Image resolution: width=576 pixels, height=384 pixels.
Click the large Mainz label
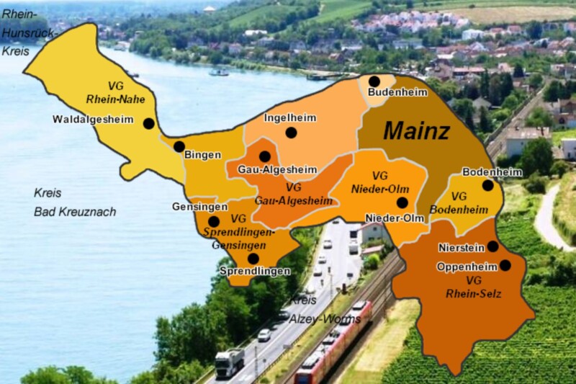[x=416, y=131]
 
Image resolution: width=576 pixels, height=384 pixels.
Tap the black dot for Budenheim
[x=374, y=81]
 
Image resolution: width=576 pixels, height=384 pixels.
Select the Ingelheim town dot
[x=291, y=133]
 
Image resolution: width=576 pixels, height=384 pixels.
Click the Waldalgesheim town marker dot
[x=149, y=123]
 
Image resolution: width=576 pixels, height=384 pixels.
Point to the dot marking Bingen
[x=179, y=146]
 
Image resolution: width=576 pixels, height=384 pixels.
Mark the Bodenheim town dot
[x=488, y=185]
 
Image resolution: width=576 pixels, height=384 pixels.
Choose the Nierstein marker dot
[x=492, y=246]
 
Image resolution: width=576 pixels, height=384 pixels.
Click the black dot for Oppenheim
[x=505, y=265]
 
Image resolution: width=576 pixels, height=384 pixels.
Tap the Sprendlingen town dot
[x=253, y=259]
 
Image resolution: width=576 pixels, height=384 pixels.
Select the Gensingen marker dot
[x=214, y=222]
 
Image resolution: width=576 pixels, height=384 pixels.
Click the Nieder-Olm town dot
[x=402, y=202]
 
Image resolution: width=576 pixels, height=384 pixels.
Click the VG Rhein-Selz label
[x=473, y=286]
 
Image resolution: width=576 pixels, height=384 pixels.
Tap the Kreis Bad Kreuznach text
[x=74, y=202]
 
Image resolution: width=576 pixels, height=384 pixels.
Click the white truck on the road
[x=229, y=362]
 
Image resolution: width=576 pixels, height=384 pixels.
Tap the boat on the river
[x=219, y=72]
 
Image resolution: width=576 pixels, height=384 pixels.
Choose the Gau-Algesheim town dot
[x=265, y=156]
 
